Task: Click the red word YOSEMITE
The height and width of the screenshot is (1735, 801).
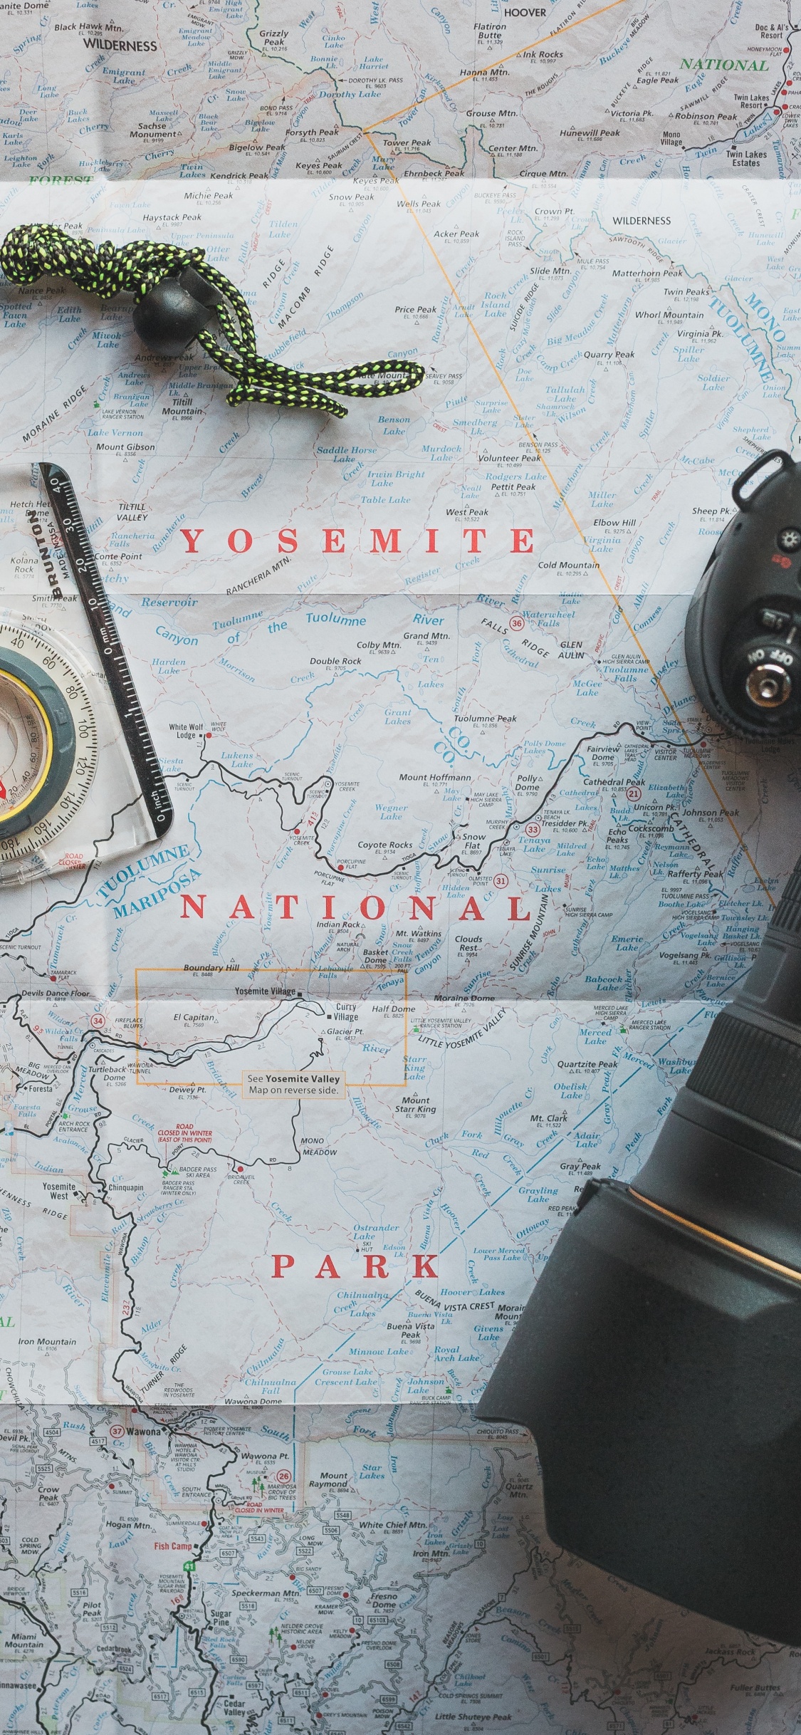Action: (x=357, y=541)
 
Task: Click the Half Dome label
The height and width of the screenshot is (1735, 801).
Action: (x=393, y=1009)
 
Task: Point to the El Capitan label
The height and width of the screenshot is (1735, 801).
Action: (x=194, y=1018)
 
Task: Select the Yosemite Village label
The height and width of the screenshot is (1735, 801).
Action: (x=265, y=991)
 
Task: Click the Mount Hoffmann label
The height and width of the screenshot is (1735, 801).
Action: (x=434, y=777)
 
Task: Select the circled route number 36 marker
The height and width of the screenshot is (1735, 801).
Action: (x=517, y=623)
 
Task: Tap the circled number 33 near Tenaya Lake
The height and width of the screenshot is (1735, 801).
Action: (x=533, y=830)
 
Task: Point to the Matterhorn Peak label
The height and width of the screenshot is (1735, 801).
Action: (x=647, y=273)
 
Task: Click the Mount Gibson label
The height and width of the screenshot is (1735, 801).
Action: (x=125, y=447)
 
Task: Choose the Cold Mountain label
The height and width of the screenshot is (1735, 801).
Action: (x=568, y=565)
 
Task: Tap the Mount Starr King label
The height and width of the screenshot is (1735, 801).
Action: (x=415, y=1105)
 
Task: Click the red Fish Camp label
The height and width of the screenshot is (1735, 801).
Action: (x=173, y=1546)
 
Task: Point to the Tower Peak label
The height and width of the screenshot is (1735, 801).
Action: (x=407, y=142)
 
